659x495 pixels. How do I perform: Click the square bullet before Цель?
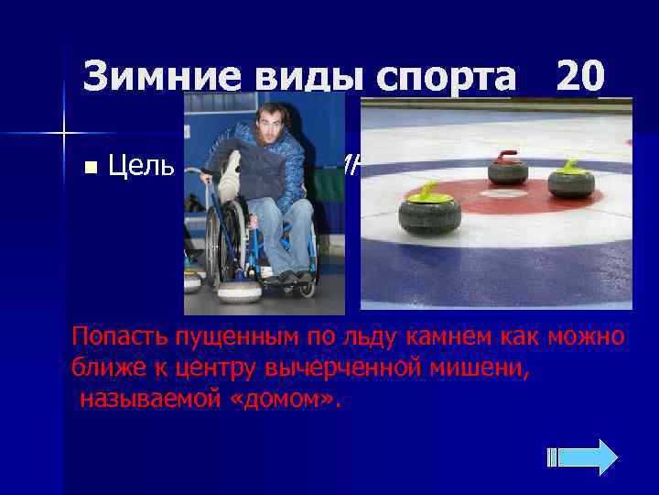[x=89, y=168]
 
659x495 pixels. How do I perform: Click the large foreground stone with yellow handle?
[x=428, y=210]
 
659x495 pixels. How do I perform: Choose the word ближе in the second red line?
[x=103, y=368]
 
